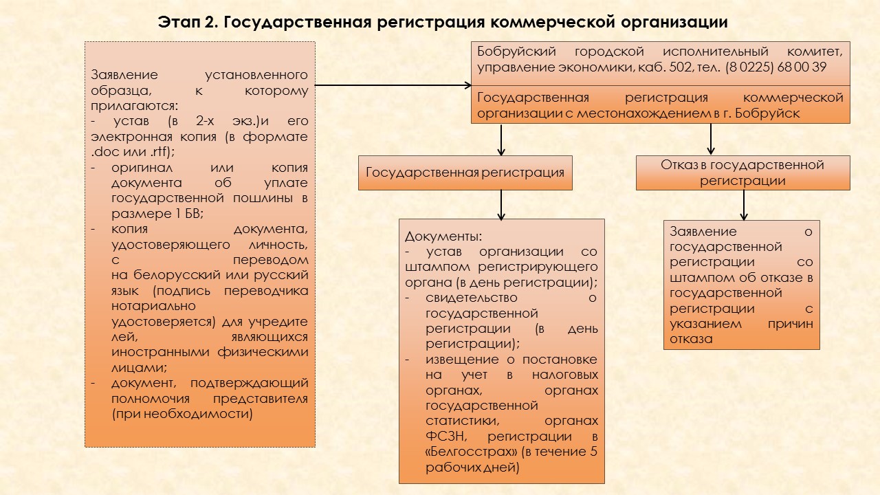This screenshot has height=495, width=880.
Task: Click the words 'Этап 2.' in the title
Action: (x=187, y=22)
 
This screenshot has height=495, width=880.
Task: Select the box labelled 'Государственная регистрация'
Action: (x=465, y=173)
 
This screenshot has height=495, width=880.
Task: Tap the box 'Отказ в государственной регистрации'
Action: (x=742, y=173)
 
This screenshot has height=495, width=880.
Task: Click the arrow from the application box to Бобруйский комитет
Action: (x=392, y=85)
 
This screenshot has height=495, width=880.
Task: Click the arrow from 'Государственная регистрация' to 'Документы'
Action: (x=502, y=204)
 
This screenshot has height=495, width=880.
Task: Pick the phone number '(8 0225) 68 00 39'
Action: (x=775, y=67)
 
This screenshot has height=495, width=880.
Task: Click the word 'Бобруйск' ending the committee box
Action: (x=773, y=113)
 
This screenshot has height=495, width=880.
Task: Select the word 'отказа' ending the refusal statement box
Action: (x=691, y=339)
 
